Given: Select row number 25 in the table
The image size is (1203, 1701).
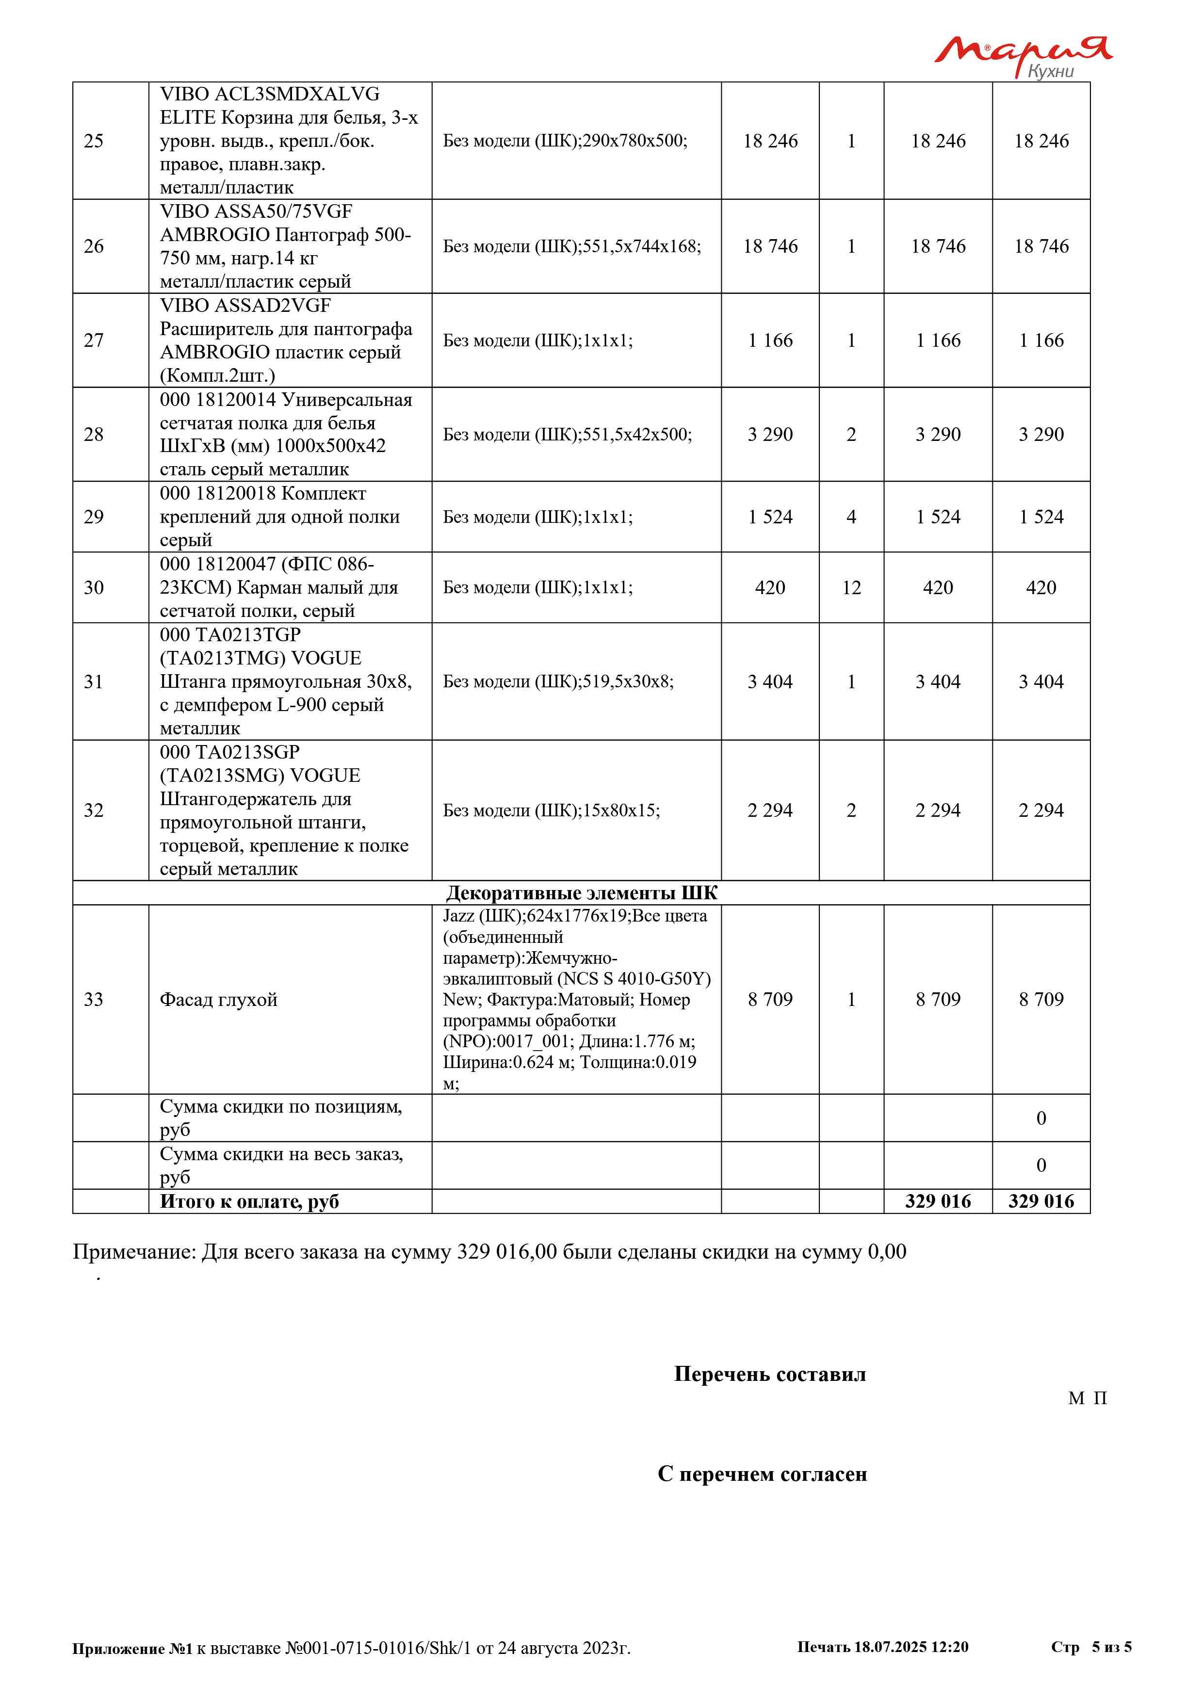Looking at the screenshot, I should (93, 141).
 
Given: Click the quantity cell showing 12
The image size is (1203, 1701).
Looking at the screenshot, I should (851, 587).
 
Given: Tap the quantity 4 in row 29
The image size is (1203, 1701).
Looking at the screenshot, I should (851, 517).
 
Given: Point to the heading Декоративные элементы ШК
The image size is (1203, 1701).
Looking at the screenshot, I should (582, 893).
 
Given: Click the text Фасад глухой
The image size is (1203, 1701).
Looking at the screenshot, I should (218, 1000).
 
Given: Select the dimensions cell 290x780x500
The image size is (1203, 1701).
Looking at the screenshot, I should (565, 141).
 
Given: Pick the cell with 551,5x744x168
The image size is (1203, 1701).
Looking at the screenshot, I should (571, 246).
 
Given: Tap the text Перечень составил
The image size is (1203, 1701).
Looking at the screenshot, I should (770, 1374).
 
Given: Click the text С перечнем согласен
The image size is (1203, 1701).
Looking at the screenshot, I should (762, 1474).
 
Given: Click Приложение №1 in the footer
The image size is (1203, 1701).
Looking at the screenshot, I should (132, 1649).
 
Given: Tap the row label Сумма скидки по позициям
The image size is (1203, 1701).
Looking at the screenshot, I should (281, 1117).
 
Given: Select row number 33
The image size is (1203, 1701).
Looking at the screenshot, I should (93, 1000).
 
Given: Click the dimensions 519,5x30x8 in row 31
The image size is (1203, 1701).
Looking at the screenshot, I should (558, 681).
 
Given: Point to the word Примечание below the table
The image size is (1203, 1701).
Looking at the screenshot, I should (134, 1252).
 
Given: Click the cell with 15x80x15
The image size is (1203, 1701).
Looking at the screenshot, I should (551, 810).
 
